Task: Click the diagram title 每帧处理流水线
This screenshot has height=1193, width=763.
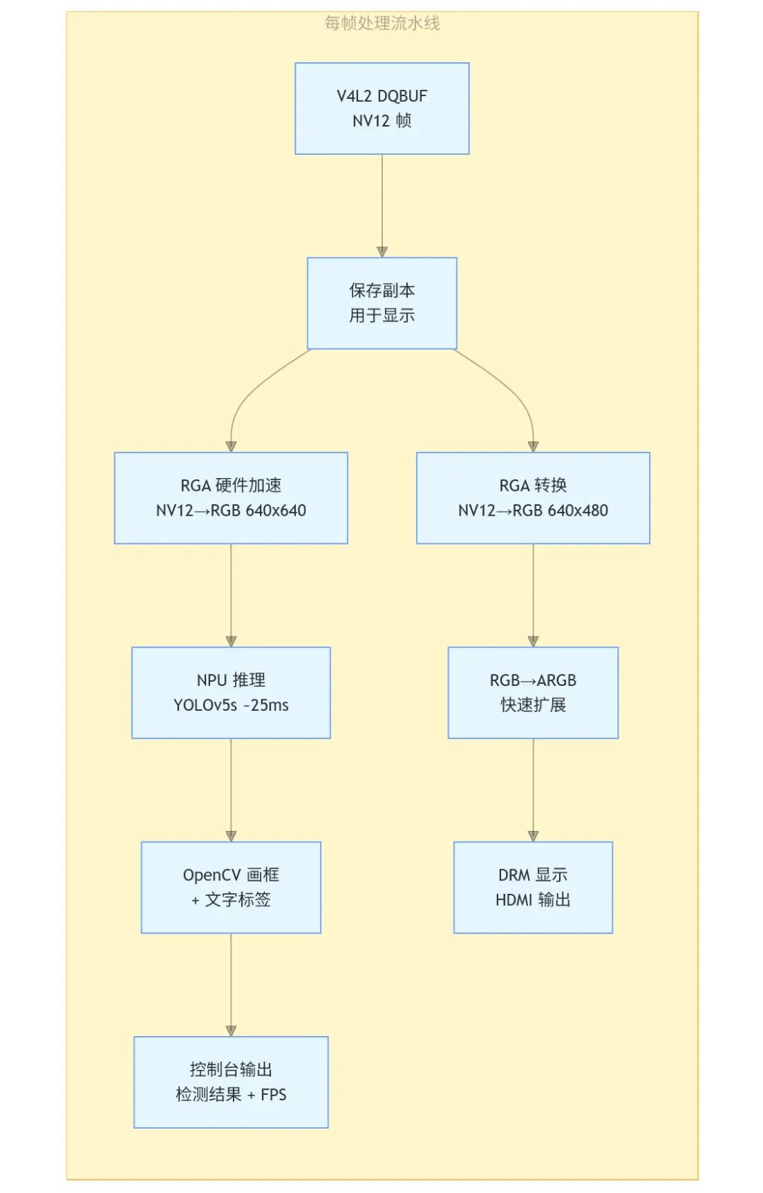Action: click(381, 23)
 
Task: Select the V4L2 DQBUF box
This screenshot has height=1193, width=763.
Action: click(381, 109)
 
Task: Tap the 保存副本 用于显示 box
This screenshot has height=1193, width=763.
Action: click(381, 303)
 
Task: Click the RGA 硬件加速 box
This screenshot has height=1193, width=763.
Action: click(231, 498)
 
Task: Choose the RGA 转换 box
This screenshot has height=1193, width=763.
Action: click(533, 498)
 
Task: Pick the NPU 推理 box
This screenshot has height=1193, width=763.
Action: click(231, 692)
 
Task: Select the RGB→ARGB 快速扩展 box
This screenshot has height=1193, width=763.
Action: click(533, 692)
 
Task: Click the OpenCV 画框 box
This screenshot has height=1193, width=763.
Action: click(231, 888)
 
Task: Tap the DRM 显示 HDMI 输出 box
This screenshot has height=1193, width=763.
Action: click(533, 888)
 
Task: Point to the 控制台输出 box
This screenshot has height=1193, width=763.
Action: click(231, 1082)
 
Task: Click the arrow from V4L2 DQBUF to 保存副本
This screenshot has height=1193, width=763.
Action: click(381, 206)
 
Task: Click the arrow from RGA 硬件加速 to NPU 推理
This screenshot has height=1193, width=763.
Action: click(231, 595)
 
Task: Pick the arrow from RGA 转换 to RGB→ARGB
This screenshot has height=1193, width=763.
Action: click(533, 595)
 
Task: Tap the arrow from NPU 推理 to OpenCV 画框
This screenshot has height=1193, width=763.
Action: click(231, 791)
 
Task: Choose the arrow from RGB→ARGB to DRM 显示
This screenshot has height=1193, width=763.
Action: click(533, 791)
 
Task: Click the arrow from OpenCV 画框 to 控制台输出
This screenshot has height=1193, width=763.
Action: click(231, 985)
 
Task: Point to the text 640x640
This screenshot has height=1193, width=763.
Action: click(275, 510)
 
